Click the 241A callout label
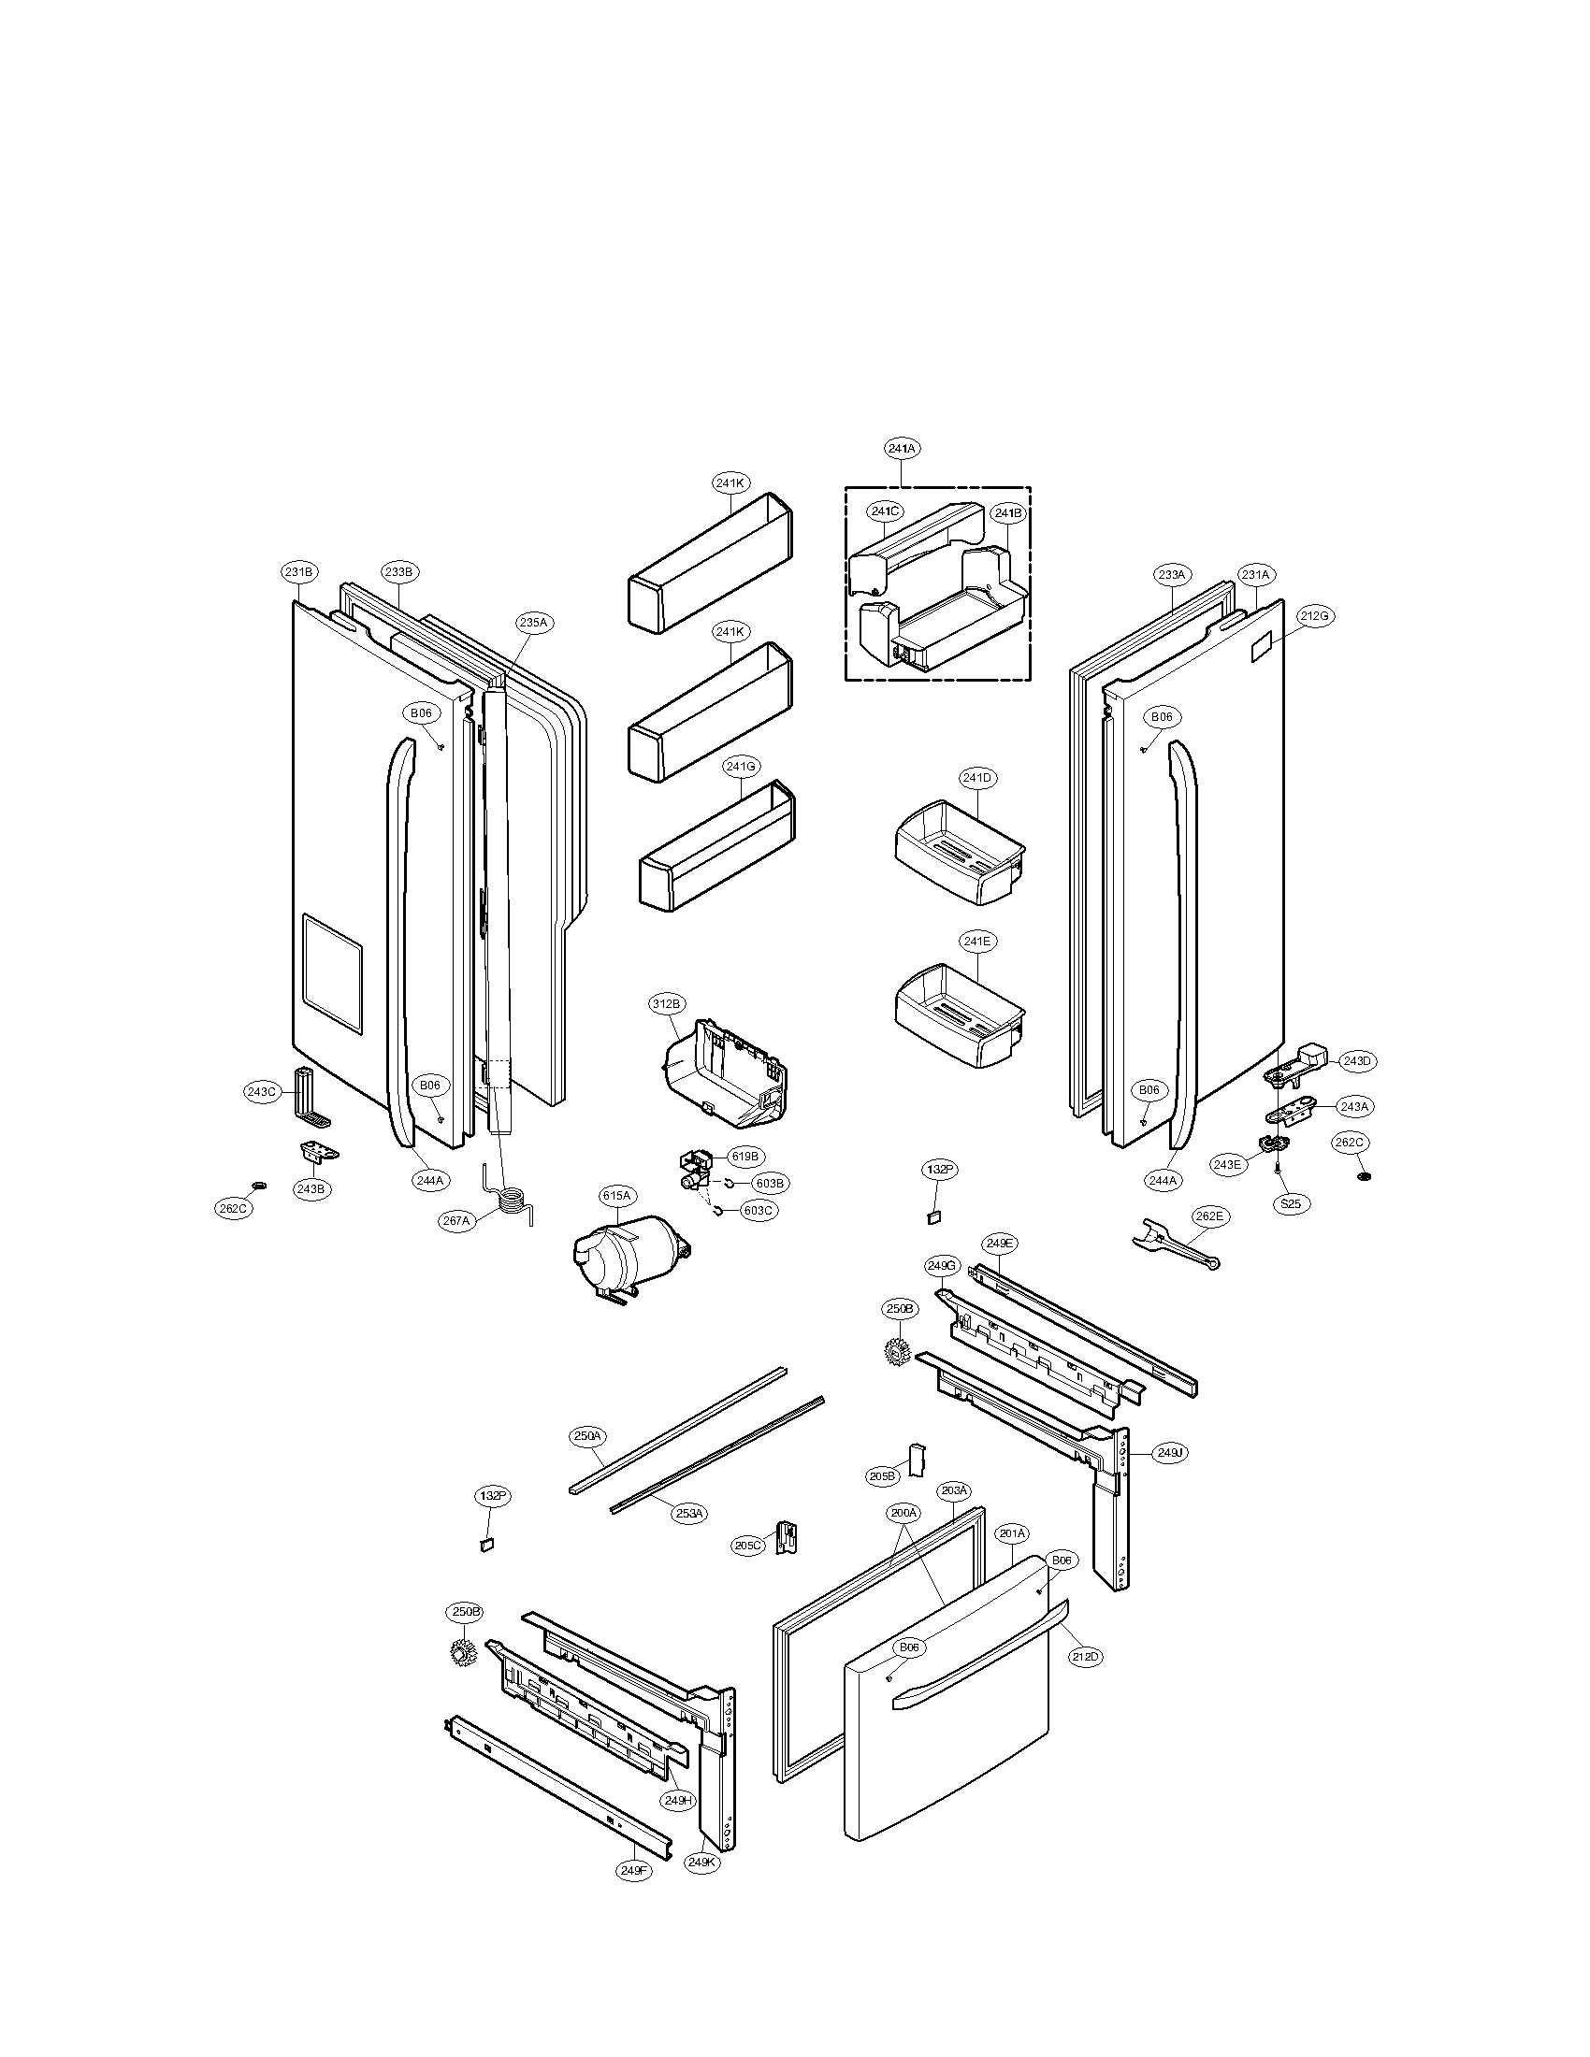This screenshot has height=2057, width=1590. coord(902,448)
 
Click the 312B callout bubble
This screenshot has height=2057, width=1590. coord(665,1004)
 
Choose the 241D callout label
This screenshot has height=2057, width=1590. coord(976,778)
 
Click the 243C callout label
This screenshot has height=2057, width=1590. coord(261,1092)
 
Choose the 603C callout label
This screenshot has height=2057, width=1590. coord(759,1210)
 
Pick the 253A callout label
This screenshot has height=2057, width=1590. coord(688,1513)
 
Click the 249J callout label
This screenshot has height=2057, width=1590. coord(1169,1453)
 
